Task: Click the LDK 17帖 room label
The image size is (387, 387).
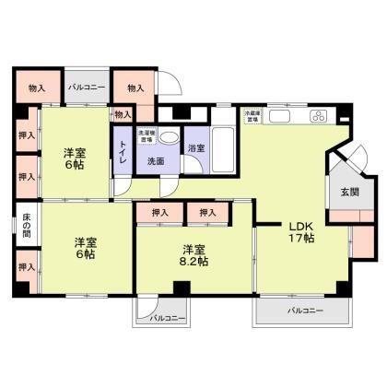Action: [302, 231]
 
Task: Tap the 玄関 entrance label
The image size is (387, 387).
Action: [350, 193]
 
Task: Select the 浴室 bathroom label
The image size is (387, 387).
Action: [195, 147]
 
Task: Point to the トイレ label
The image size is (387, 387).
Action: [123, 158]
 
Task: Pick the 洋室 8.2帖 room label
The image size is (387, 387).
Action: [193, 255]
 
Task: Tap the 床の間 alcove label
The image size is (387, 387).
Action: [27, 226]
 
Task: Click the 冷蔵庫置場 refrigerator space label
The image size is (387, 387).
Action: [252, 116]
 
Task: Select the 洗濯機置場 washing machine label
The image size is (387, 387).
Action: [147, 135]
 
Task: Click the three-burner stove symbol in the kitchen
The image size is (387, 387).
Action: [318, 117]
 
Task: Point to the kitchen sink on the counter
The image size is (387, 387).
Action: [285, 117]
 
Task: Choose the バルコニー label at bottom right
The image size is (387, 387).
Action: [303, 311]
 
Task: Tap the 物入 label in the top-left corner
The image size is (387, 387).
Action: [37, 88]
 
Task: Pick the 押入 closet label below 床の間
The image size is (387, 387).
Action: [27, 267]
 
